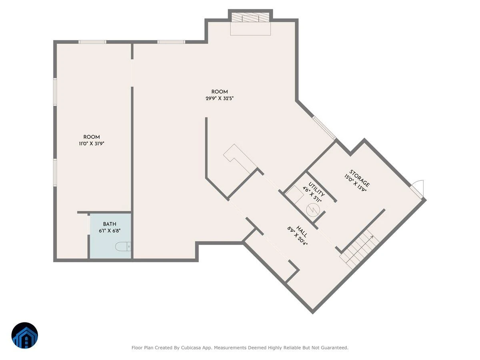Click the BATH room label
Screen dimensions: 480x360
point(110,224)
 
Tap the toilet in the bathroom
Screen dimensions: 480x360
point(123,246)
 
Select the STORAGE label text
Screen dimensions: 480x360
point(359,178)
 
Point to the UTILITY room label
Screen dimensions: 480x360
point(316,189)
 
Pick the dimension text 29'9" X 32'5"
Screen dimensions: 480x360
point(220,98)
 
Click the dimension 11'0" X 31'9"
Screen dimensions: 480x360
point(92,144)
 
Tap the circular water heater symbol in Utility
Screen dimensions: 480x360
point(313,210)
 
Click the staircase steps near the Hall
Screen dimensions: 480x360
point(359,249)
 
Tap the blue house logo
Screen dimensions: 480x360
point(25,335)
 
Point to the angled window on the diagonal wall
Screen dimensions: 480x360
point(324,128)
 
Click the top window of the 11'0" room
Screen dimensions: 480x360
point(92,42)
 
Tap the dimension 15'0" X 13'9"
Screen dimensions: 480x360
point(355,184)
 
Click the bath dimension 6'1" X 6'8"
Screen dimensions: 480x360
point(110,231)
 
